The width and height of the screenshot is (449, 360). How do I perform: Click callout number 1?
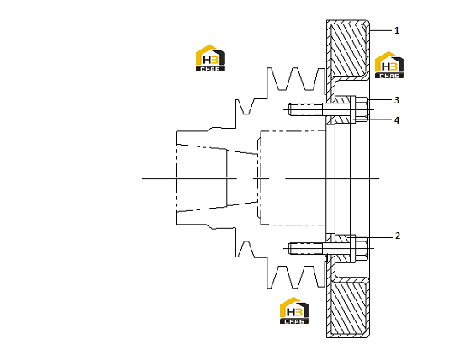(397, 30)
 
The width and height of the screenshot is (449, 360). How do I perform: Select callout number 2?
(397, 236)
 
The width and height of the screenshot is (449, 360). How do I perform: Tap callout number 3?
(397, 100)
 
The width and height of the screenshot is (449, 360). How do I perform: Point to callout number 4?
(397, 120)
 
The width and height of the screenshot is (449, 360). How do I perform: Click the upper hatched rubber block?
(348, 50)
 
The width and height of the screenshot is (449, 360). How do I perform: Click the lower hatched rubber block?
(348, 308)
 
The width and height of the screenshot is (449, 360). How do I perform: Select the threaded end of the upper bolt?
(305, 109)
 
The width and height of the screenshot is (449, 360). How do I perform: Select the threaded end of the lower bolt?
(305, 248)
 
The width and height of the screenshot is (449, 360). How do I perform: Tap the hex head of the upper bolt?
(362, 109)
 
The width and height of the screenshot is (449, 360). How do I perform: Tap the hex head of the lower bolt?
(362, 248)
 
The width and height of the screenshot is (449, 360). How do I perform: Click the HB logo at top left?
(210, 58)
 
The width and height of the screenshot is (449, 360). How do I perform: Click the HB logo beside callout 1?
(389, 65)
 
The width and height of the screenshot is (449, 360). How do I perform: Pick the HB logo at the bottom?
(294, 310)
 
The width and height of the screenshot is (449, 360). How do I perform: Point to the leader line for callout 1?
(381, 30)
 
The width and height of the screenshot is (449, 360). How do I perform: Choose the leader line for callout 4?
(372, 119)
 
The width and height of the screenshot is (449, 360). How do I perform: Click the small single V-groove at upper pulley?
(246, 107)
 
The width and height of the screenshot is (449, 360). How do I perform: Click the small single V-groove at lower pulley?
(246, 249)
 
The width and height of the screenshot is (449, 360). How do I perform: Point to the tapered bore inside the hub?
(217, 178)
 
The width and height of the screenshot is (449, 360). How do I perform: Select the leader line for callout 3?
(380, 99)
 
